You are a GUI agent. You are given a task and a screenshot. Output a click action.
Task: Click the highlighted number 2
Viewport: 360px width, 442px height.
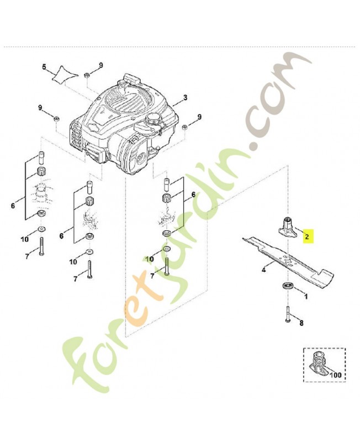[307, 236]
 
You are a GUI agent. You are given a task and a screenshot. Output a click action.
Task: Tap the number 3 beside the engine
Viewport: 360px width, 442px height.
[186, 98]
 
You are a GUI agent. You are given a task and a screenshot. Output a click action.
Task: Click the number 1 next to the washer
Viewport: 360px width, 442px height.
[306, 296]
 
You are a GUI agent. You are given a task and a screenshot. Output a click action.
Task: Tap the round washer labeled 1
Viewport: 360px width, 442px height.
[287, 286]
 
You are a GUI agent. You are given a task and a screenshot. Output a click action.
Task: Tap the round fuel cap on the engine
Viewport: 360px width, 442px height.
[152, 118]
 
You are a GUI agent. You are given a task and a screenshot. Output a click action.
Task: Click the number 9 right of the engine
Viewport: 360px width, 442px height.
[199, 117]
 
